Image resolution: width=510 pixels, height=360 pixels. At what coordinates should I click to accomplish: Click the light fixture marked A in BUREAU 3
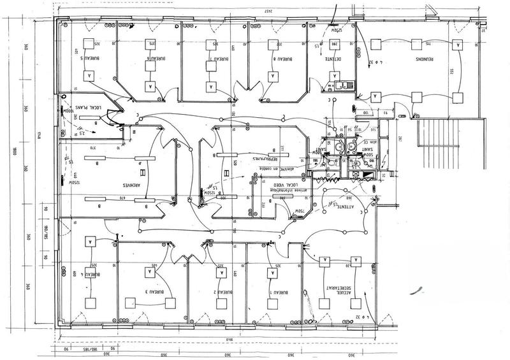151,271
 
